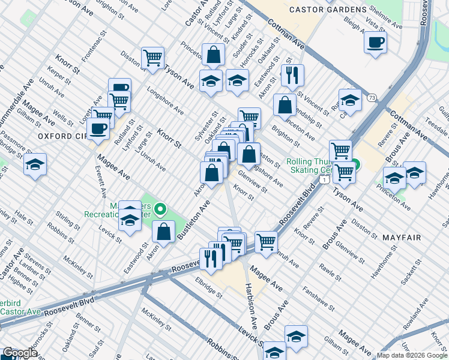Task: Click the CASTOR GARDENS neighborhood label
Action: [336, 10]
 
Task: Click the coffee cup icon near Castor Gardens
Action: [375, 43]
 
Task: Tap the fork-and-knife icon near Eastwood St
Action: [292, 74]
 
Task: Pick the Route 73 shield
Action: [373, 98]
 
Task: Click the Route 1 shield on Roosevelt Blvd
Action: [325, 179]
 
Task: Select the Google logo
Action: [19, 353]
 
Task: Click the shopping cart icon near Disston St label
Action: [153, 58]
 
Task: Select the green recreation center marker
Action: [160, 209]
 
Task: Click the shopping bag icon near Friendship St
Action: [285, 104]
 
